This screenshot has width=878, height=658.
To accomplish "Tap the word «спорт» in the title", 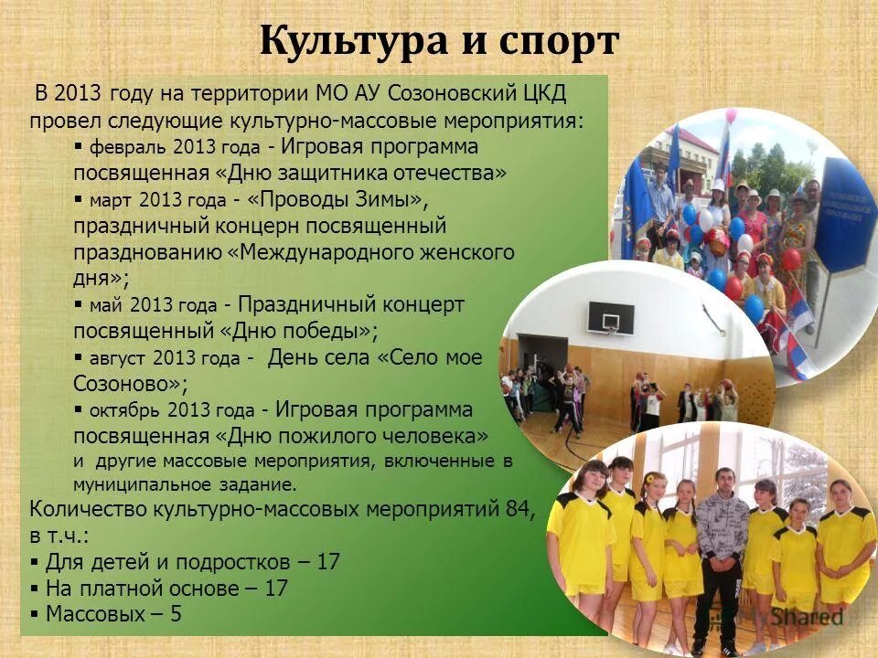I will coord(560,43).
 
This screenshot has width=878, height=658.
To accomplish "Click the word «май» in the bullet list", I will coord(105,305).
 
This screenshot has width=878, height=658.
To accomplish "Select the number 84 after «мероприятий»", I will coord(519,509).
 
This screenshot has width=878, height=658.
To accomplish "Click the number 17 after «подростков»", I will coord(327,561).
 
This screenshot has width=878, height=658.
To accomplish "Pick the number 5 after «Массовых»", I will coord(175,613).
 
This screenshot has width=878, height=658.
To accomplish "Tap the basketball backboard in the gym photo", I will coord(610,317).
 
